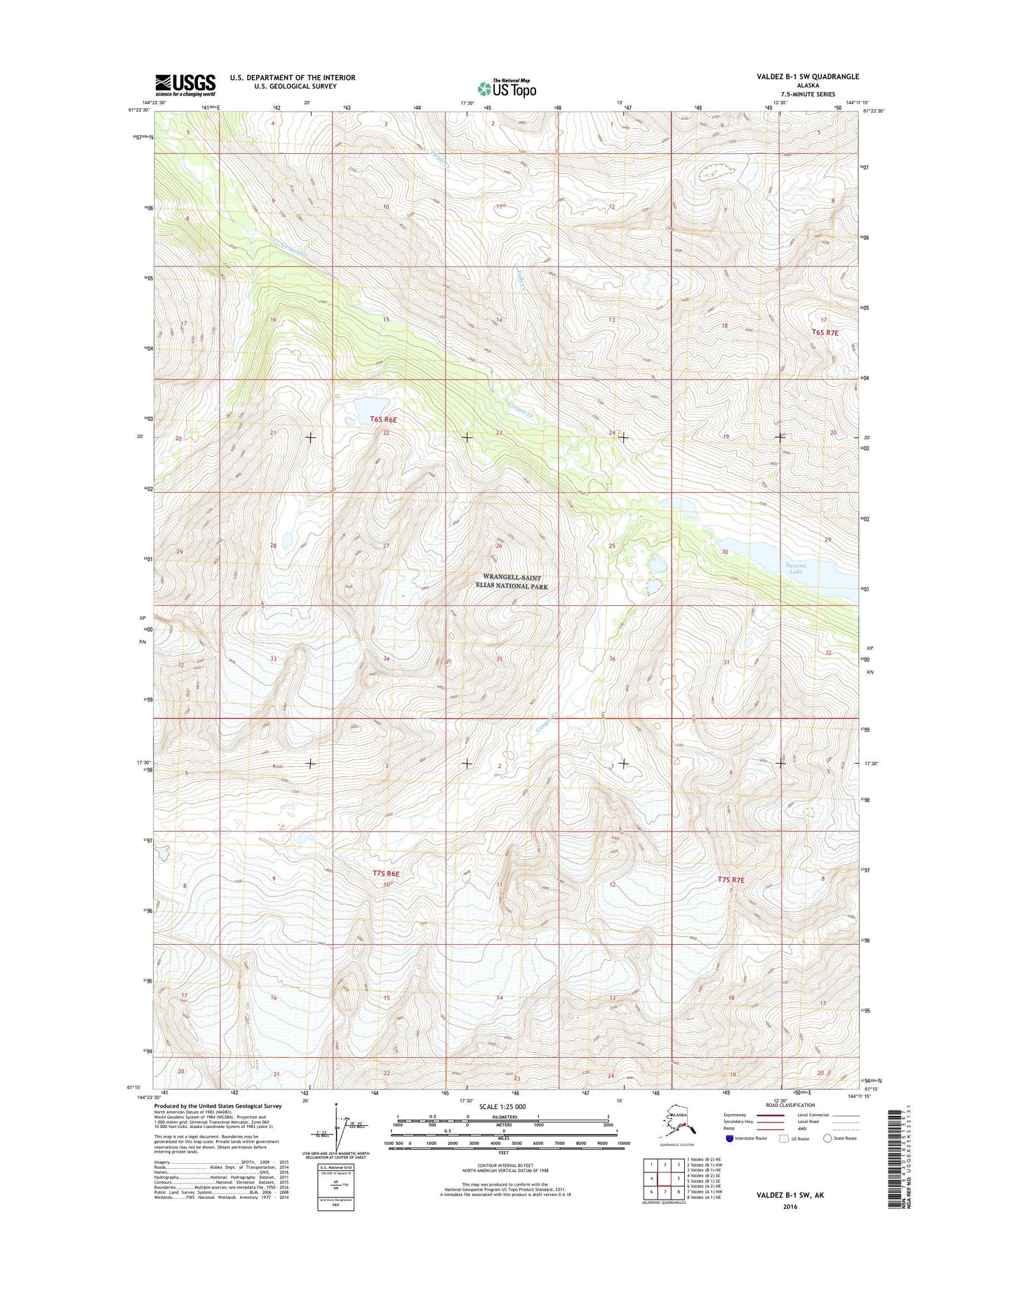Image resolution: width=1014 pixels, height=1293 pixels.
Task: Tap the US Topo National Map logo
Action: pyautogui.click(x=507, y=88)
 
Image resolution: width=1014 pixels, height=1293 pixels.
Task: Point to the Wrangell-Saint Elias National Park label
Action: pyautogui.click(x=512, y=581)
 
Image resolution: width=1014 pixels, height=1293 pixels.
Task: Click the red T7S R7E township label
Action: pyautogui.click(x=731, y=880)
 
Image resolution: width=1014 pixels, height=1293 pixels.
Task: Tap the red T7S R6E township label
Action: pyautogui.click(x=385, y=874)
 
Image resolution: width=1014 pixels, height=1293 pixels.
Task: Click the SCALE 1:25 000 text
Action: pyautogui.click(x=502, y=1106)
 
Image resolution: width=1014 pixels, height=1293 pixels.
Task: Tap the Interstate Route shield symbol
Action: pyautogui.click(x=731, y=1139)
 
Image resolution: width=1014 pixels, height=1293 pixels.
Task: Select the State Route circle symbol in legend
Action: pyautogui.click(x=828, y=1139)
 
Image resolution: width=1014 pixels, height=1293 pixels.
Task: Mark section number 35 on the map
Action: pyautogui.click(x=499, y=659)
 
